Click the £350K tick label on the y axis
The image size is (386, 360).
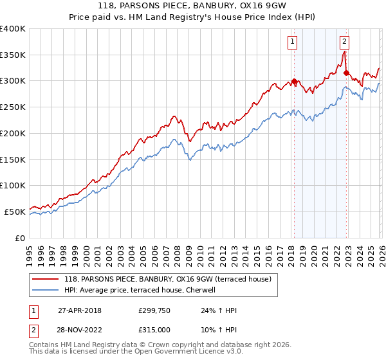click(12, 55)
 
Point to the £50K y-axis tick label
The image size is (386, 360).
click(14, 212)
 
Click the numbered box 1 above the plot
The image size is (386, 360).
click(293, 42)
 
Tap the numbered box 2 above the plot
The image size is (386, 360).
click(345, 42)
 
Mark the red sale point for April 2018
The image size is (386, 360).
click(294, 82)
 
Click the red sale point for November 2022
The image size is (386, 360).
click(346, 73)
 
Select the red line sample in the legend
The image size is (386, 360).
click(46, 279)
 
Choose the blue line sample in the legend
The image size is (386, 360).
click(46, 290)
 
